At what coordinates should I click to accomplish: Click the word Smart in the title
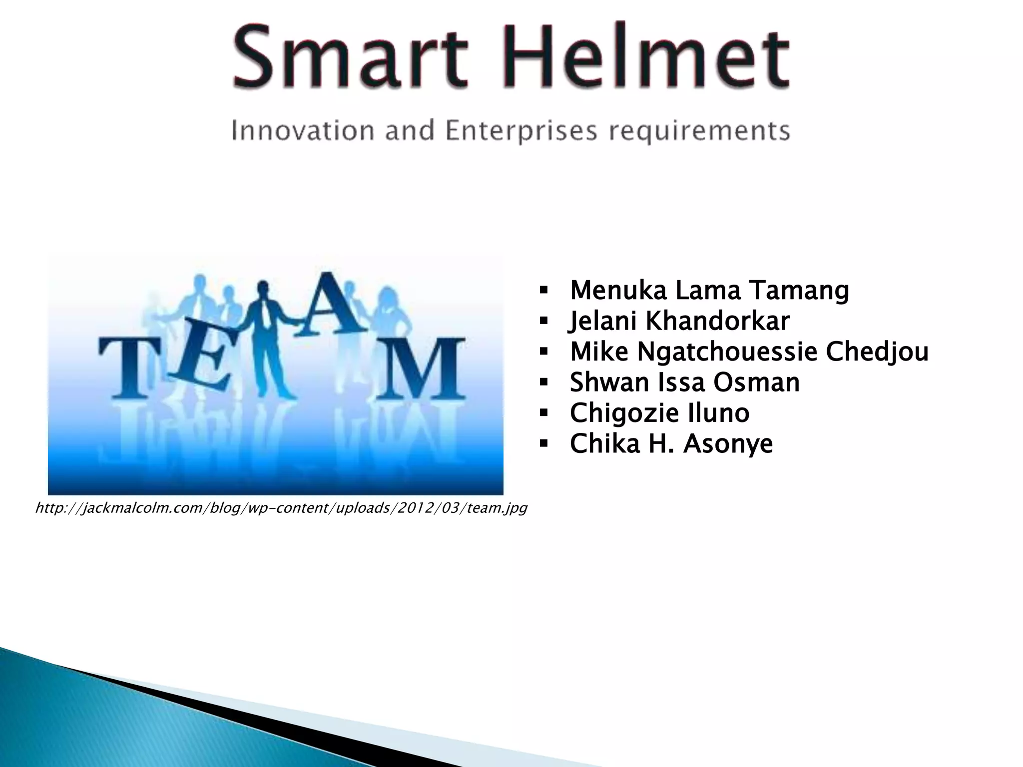(350, 57)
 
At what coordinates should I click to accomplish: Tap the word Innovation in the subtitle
(303, 131)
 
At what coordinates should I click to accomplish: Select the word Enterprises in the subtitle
(521, 131)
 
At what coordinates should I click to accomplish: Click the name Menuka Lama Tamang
(709, 290)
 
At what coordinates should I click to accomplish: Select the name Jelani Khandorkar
(679, 321)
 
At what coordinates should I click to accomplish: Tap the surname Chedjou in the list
(877, 352)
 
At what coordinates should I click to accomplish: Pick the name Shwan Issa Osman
(684, 382)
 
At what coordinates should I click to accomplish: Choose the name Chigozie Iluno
(659, 413)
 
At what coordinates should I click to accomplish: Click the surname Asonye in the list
(728, 443)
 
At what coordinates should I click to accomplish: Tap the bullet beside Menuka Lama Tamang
(544, 290)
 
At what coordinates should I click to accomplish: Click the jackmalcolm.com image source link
(281, 508)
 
